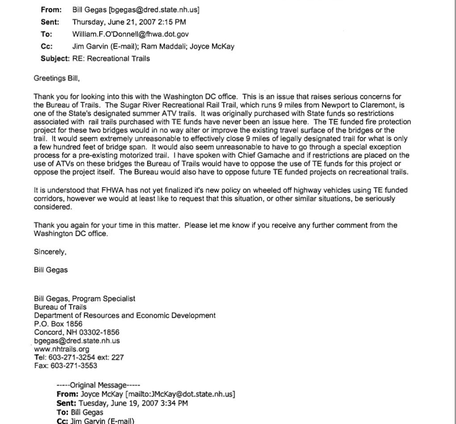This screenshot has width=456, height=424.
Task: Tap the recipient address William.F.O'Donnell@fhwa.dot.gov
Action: point(130,34)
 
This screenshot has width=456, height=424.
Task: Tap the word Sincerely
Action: point(50,252)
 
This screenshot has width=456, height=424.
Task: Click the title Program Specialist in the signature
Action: point(109,298)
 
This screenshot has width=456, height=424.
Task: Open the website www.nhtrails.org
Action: point(62,349)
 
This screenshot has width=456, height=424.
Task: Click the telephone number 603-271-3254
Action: point(72,357)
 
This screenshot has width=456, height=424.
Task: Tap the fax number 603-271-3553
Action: point(73,366)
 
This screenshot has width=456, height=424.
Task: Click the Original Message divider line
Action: point(98,386)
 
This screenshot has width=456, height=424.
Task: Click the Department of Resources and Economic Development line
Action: point(125,315)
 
